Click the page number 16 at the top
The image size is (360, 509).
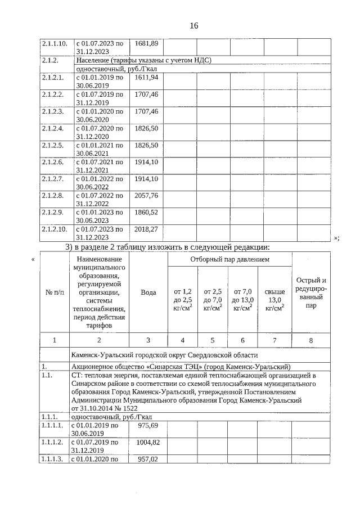coord(194,26)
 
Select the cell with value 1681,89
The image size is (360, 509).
coord(146,43)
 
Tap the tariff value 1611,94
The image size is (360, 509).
coord(146,77)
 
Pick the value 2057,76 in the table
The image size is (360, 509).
coord(146,196)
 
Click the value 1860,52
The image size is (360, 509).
coord(146,213)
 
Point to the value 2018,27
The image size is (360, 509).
coord(146,229)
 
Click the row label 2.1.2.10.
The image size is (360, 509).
coord(54,229)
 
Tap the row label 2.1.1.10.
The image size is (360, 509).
coord(54,43)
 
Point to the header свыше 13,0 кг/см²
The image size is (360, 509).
coord(274,300)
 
